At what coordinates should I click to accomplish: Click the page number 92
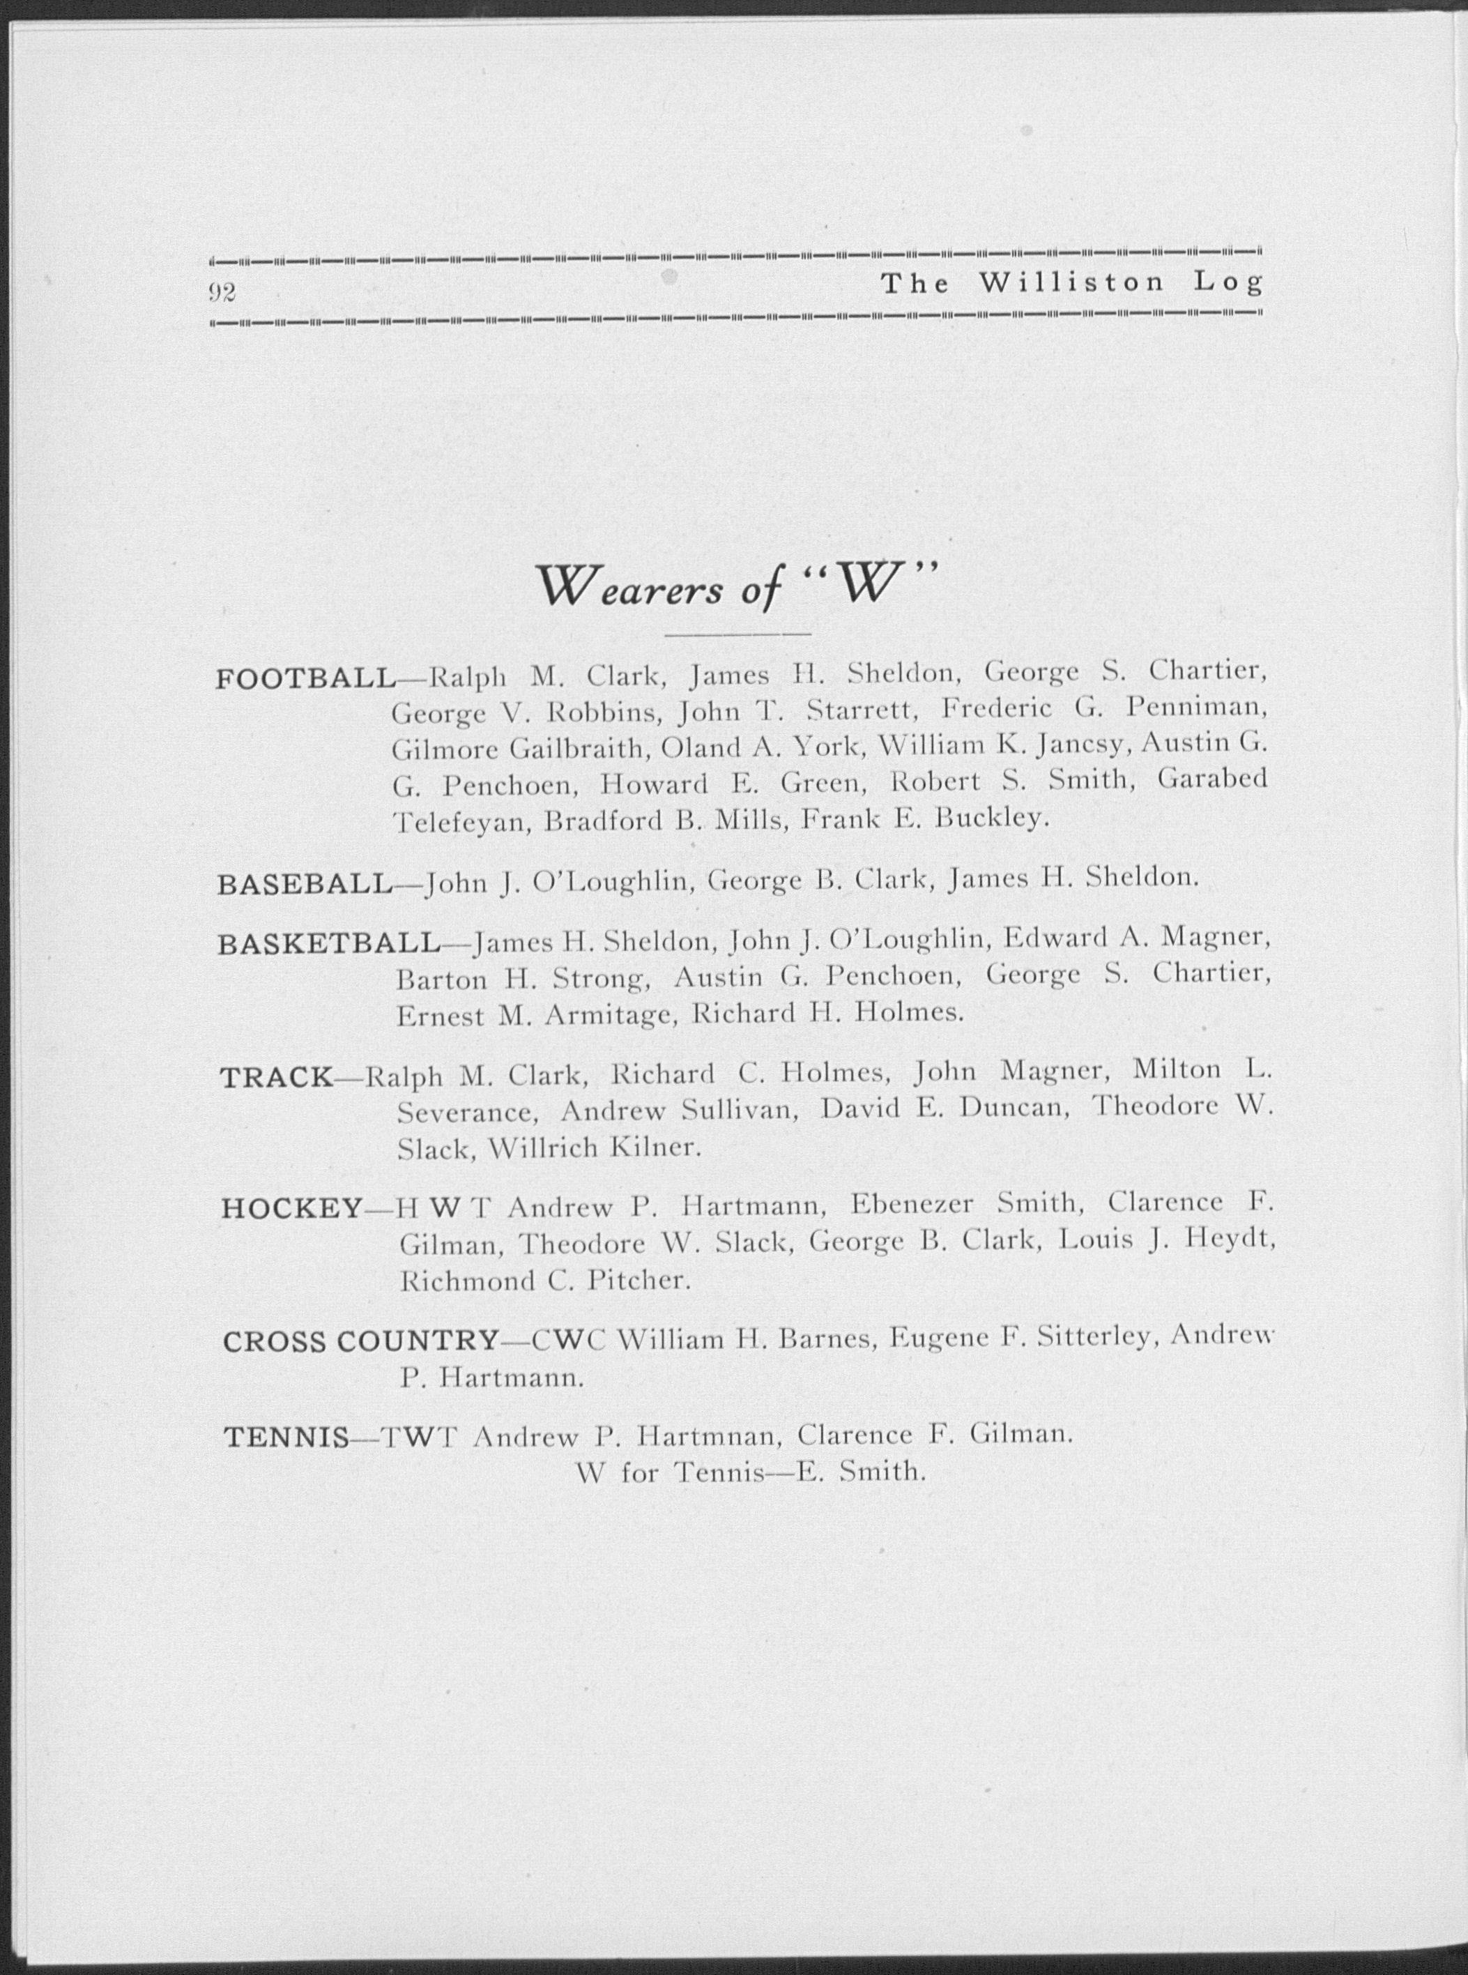(221, 291)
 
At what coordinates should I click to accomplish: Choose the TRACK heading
(275, 1077)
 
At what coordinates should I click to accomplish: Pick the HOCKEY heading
(291, 1207)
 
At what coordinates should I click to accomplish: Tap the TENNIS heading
(285, 1436)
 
